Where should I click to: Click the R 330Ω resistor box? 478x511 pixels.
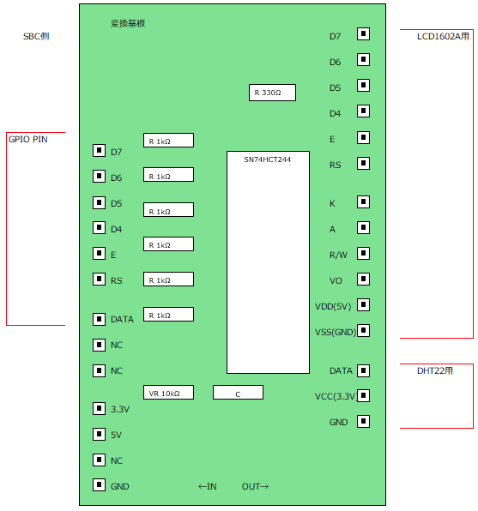point(272,93)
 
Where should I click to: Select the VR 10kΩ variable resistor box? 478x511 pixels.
point(168,393)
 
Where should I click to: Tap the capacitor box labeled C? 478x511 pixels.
point(238,393)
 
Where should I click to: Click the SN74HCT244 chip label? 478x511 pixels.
point(267,159)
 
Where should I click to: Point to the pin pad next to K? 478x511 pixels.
point(363,201)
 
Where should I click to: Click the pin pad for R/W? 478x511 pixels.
point(363,253)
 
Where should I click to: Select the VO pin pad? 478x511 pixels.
point(363,279)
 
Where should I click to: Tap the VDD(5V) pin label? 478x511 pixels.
point(333,306)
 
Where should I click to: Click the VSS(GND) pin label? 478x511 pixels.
point(336,332)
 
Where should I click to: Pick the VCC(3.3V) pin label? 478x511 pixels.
point(336,396)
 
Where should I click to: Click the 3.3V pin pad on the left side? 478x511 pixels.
point(99,408)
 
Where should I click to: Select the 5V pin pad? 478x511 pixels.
point(99,434)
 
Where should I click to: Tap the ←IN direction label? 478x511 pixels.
point(207,486)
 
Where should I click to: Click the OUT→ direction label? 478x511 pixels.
point(255,486)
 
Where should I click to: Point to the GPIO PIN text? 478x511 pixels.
point(28,140)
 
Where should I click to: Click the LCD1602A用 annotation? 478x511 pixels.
point(443,36)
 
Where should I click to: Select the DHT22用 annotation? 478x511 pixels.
point(434,370)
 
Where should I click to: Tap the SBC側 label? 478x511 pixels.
point(36,36)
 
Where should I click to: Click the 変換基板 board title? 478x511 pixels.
point(128,23)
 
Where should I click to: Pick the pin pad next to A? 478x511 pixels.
point(363,227)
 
